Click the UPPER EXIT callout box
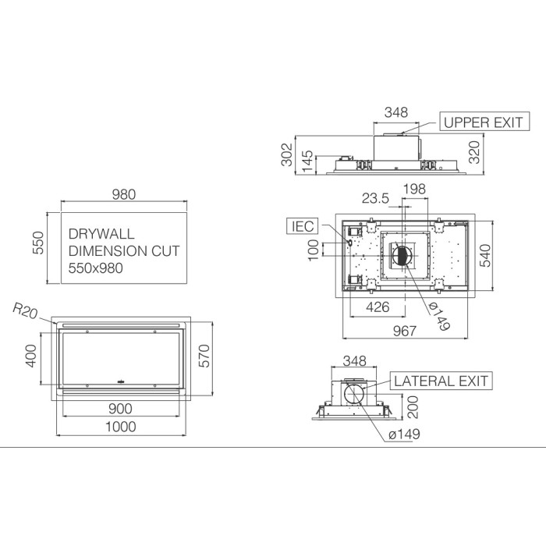484,122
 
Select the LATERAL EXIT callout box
441,381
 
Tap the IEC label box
303,226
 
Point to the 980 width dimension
123,194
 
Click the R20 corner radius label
25,310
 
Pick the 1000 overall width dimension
120,427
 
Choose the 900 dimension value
120,409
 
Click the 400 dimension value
30,356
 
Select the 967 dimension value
405,331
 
